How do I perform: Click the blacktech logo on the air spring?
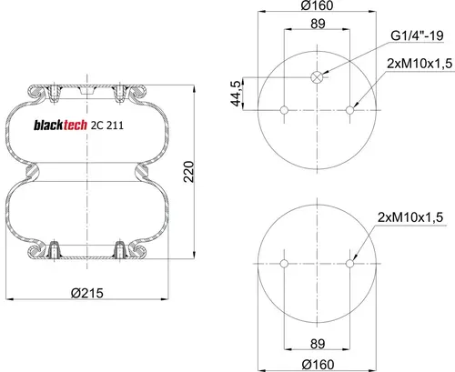(60, 125)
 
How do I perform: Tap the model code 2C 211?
(107, 126)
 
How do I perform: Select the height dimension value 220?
(188, 172)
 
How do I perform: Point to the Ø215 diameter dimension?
(87, 293)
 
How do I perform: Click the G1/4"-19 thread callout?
(417, 35)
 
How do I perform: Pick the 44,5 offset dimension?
(236, 94)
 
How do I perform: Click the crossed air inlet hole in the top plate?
(317, 77)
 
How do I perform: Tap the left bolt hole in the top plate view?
(284, 110)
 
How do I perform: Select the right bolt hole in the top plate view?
(349, 110)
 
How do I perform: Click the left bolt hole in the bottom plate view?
(284, 264)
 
